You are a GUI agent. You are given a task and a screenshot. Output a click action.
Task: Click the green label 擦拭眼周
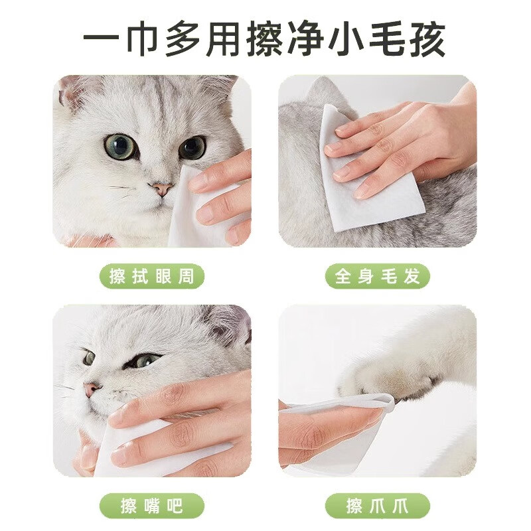pos(152,276)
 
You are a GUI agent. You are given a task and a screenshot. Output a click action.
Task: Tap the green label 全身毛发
pos(378,276)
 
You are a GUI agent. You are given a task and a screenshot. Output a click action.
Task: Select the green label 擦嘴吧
pos(152,506)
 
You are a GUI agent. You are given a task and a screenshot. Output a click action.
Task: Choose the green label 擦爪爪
pos(378,506)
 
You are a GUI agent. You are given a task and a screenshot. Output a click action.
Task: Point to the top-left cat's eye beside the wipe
pos(192,147)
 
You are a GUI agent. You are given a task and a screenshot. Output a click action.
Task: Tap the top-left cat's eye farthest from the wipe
pos(119,146)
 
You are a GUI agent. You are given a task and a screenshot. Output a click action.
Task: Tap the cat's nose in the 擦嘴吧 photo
pos(92,389)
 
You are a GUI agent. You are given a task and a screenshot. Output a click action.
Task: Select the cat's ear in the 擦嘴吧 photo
pos(229,325)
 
